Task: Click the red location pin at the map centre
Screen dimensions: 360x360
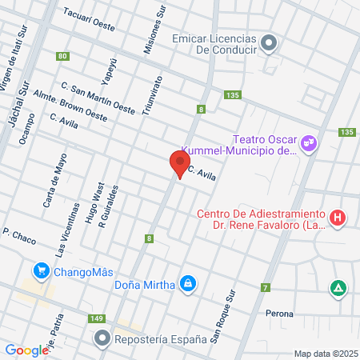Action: pyautogui.click(x=178, y=164)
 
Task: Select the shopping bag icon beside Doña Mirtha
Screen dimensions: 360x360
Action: pyautogui.click(x=187, y=283)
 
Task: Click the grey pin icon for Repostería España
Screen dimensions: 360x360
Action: pyautogui.click(x=102, y=339)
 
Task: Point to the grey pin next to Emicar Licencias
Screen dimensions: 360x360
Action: pyautogui.click(x=269, y=43)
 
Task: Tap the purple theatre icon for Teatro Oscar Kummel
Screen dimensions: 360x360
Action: pyautogui.click(x=309, y=144)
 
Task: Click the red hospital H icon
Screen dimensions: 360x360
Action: pyautogui.click(x=338, y=217)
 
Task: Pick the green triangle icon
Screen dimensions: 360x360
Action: pyautogui.click(x=338, y=288)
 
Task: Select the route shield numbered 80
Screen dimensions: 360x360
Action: pyautogui.click(x=62, y=56)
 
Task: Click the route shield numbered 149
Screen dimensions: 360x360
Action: pyautogui.click(x=97, y=318)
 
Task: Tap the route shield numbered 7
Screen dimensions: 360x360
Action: pyautogui.click(x=264, y=287)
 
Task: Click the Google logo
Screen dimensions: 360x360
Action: pyautogui.click(x=26, y=350)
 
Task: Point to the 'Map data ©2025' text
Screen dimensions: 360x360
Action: pyautogui.click(x=325, y=354)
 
